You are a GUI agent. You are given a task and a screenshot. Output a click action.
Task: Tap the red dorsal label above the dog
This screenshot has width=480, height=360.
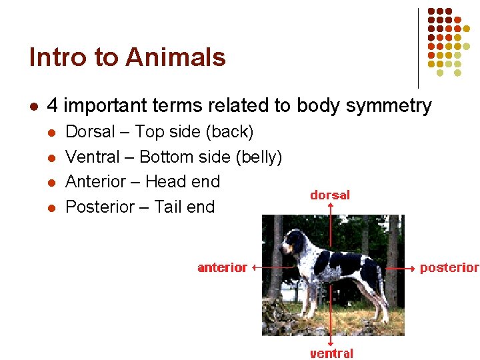pyautogui.click(x=330, y=195)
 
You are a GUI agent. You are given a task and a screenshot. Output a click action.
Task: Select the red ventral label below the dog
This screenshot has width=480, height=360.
pyautogui.click(x=331, y=353)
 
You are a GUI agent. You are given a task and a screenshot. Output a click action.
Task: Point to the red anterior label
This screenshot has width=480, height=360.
pyautogui.click(x=222, y=267)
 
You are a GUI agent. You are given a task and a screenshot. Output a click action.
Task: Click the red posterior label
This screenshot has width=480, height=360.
pyautogui.click(x=449, y=267)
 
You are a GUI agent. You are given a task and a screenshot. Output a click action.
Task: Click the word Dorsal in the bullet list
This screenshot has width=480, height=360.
pyautogui.click(x=90, y=132)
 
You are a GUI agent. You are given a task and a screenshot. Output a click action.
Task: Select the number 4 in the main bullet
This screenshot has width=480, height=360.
pyautogui.click(x=53, y=106)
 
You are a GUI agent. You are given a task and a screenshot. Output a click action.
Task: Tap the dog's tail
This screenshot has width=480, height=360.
pyautogui.click(x=377, y=273)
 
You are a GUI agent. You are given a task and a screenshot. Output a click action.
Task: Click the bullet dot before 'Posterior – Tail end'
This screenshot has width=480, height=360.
pyautogui.click(x=50, y=207)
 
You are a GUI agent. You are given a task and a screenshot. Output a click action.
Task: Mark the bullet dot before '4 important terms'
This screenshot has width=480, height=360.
pyautogui.click(x=33, y=106)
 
